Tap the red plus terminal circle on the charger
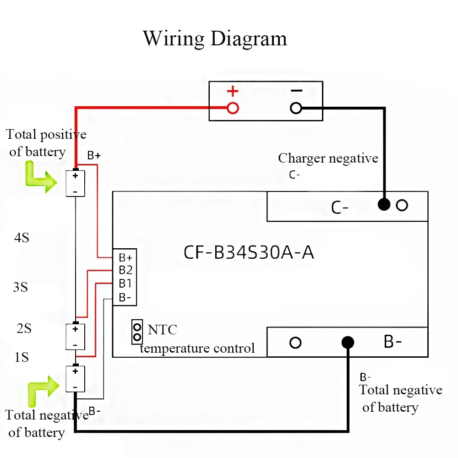[x=233, y=108]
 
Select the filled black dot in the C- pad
[x=384, y=205]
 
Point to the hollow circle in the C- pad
[x=402, y=205]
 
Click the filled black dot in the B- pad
[x=348, y=342]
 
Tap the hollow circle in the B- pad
[x=296, y=342]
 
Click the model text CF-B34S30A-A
[x=249, y=252]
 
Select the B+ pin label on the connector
[x=125, y=257]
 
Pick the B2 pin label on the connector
[x=125, y=270]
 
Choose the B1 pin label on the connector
[x=125, y=284]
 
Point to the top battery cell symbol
[x=76, y=183]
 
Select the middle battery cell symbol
[x=76, y=337]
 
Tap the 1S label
[x=22, y=357]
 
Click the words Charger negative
[x=328, y=158]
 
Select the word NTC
[x=162, y=329]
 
